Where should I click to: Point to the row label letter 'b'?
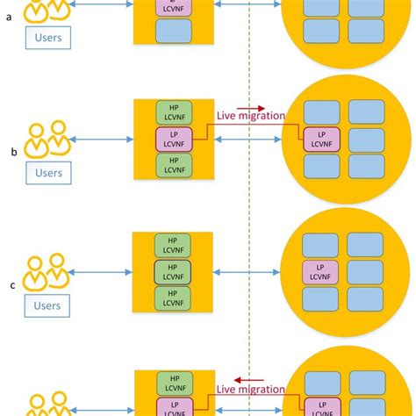(x=13, y=152)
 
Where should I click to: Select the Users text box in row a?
(x=47, y=39)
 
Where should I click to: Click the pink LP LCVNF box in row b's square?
(x=173, y=138)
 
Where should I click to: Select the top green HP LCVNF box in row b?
(x=173, y=111)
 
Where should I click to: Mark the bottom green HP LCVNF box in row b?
(x=173, y=165)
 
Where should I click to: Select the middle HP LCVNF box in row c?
(x=173, y=270)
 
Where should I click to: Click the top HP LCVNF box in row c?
(x=173, y=244)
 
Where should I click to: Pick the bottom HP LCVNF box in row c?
(x=173, y=297)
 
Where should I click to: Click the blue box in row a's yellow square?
(x=173, y=32)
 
